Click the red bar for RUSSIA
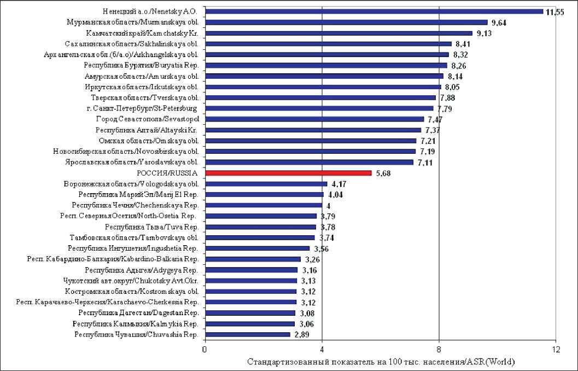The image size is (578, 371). coord(288,173)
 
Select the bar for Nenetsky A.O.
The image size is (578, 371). coord(374,11)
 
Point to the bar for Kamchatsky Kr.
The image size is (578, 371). coord(338,33)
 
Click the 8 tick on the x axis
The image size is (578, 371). coord(439,350)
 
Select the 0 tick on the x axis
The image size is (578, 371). coord(205,350)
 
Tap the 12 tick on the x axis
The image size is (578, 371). coord(556,350)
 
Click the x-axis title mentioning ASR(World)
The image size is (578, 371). coord(381,362)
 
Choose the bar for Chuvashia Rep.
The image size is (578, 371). coord(248,334)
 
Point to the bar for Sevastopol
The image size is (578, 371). coord(314,119)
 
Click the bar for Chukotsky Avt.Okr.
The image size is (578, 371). coord(251,281)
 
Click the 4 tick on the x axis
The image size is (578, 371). coord(322,350)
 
